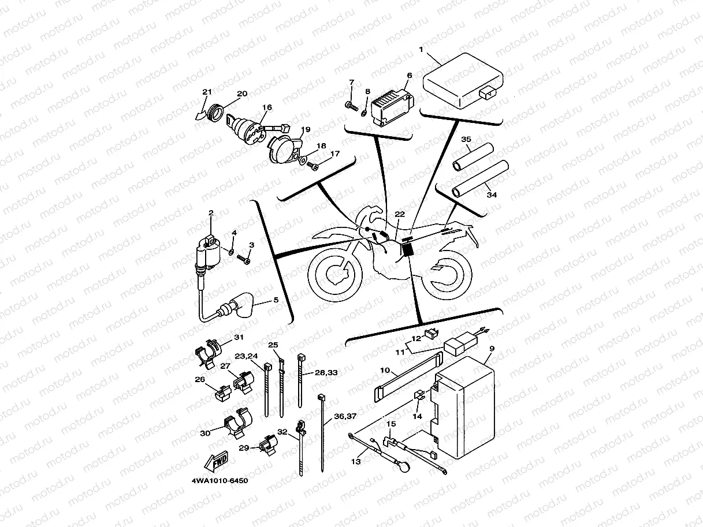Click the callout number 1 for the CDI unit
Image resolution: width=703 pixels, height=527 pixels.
click(421, 50)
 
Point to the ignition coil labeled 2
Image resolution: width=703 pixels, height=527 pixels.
click(206, 254)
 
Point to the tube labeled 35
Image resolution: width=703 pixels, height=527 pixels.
click(472, 158)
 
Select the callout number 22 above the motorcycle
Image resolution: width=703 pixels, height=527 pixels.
click(400, 214)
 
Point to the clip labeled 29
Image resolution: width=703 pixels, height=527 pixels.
click(268, 445)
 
